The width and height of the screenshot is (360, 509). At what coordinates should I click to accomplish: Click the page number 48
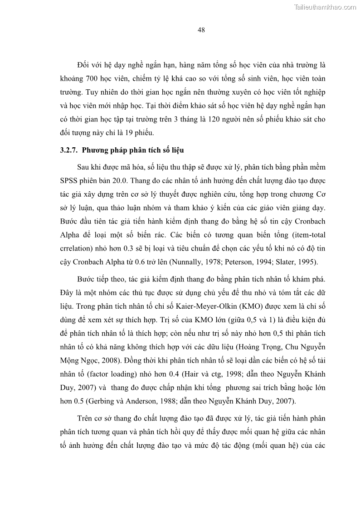coord(202,30)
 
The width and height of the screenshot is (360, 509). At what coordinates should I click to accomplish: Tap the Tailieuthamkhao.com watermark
coord(326,7)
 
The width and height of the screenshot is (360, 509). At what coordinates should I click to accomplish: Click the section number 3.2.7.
coord(70,150)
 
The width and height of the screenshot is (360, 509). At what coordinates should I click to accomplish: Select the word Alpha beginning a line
coord(70,235)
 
